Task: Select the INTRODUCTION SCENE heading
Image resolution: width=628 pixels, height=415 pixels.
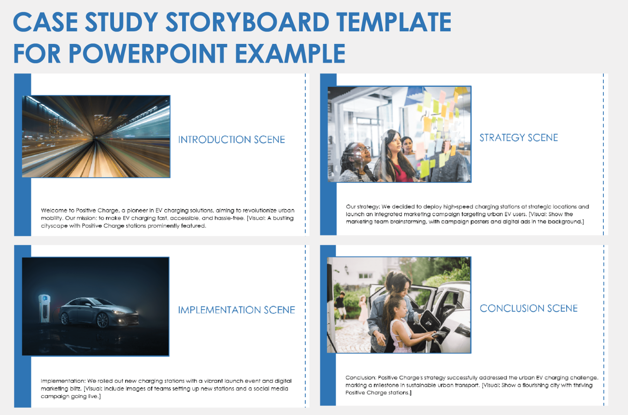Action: (x=231, y=140)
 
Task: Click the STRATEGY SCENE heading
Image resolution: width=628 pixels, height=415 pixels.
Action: (x=518, y=138)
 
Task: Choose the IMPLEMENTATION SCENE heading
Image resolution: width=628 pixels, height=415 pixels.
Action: (x=236, y=310)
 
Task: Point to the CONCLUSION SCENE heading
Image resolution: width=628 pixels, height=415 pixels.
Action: (x=528, y=308)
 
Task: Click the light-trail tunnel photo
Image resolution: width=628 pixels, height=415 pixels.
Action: (x=96, y=137)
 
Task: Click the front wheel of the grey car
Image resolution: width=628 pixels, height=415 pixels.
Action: (x=102, y=319)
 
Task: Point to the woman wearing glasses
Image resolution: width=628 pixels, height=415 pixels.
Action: (x=357, y=159)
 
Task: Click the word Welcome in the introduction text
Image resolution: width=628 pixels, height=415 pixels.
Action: (x=55, y=211)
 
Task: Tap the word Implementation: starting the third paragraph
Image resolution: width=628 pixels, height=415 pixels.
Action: (x=61, y=381)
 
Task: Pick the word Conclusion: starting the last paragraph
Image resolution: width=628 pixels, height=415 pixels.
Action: (x=360, y=378)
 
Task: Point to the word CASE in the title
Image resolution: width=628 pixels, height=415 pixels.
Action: (x=43, y=22)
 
